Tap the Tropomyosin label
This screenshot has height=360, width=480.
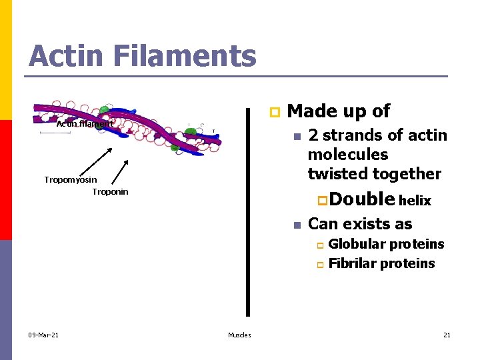(x=70, y=180)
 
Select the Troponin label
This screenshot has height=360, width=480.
(x=110, y=192)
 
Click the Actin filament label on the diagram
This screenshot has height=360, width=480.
(x=85, y=124)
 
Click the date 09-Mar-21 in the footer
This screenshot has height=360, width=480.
(x=43, y=335)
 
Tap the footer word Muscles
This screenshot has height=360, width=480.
(x=239, y=335)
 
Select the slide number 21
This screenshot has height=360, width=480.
(x=447, y=335)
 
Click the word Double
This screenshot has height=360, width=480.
(x=361, y=199)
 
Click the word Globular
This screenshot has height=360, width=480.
(x=357, y=244)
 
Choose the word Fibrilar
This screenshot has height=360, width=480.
(x=353, y=263)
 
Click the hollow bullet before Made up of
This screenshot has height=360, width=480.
(x=272, y=112)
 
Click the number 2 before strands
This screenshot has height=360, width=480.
(x=313, y=135)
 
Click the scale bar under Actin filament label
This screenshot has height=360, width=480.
(x=55, y=133)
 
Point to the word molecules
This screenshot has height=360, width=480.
(x=347, y=155)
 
